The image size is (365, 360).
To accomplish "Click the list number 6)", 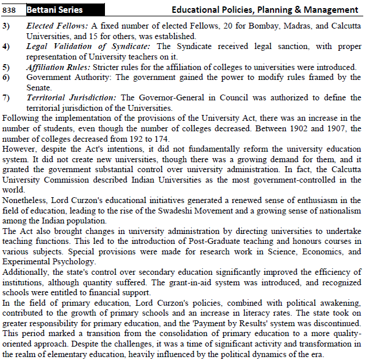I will pos(6,77).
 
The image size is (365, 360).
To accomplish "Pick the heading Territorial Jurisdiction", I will pos(71,98).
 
